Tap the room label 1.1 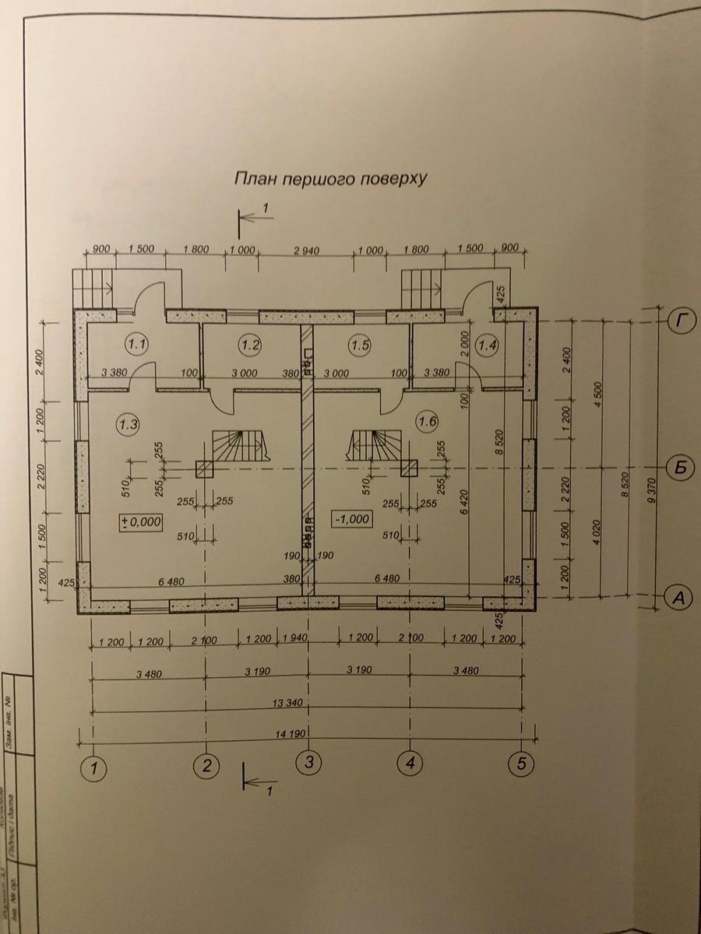[137, 342]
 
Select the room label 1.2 [250, 342]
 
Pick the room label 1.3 [127, 424]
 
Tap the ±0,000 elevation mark [141, 522]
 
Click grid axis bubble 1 [94, 768]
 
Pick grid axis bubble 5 [521, 763]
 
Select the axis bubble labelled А [679, 598]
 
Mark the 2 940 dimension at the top [305, 251]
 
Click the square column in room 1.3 [205, 468]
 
